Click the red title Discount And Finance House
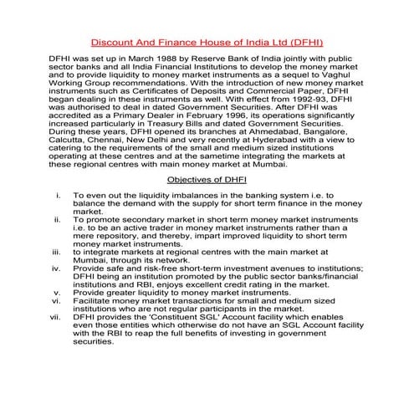(207, 41)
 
